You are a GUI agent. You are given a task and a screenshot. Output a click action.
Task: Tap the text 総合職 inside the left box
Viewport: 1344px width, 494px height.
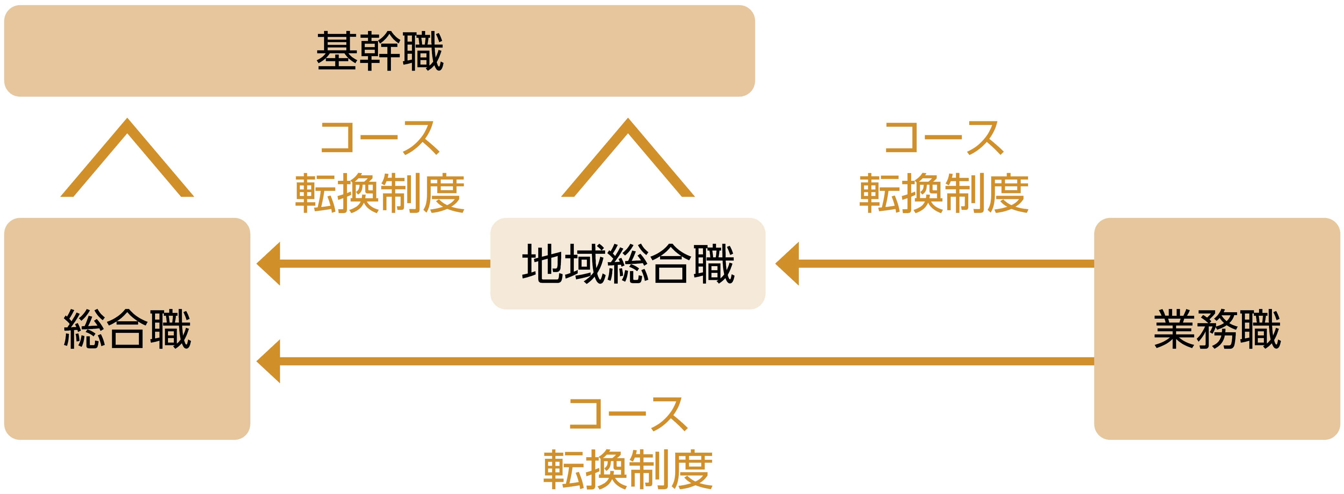tap(127, 329)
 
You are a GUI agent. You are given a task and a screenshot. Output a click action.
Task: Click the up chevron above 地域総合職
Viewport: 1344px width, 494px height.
tap(628, 157)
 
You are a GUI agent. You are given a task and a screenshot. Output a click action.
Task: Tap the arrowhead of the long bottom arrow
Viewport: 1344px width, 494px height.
tap(269, 361)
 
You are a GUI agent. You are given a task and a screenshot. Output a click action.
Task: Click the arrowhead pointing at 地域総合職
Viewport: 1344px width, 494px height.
tap(788, 263)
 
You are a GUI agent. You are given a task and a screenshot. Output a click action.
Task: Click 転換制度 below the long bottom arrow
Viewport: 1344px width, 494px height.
tap(628, 469)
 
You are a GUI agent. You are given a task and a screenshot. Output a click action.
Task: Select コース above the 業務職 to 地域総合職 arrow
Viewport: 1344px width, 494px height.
tap(943, 138)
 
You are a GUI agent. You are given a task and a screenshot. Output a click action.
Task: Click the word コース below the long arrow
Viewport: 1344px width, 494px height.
tap(628, 414)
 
